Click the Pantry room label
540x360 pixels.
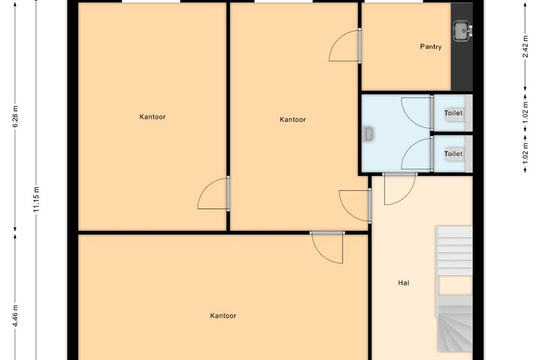[431, 46]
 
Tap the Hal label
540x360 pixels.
[404, 283]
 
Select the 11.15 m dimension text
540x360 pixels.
[37, 199]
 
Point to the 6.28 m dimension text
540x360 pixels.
[15, 116]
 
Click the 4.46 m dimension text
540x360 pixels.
[15, 316]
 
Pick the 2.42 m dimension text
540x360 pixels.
[525, 46]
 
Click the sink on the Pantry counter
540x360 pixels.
[462, 31]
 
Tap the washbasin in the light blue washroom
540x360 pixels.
[368, 134]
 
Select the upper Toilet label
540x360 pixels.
[453, 113]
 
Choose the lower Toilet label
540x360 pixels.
[453, 154]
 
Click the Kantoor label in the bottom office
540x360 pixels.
[223, 316]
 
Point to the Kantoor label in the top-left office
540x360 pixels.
[152, 117]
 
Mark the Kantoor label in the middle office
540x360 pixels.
[293, 120]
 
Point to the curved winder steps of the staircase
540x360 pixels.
[455, 328]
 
